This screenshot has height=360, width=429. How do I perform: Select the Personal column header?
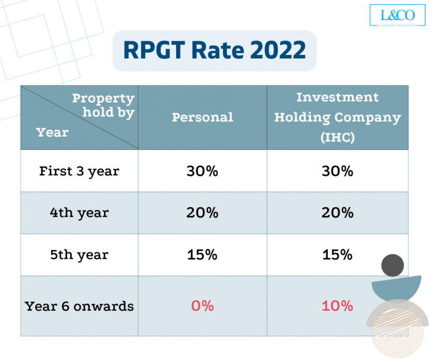(x=202, y=117)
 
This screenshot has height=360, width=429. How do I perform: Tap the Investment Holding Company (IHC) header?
(x=338, y=117)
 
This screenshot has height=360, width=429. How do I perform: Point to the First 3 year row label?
(x=79, y=171)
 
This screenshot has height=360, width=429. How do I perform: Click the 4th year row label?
(x=79, y=213)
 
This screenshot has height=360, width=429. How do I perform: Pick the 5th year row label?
(x=79, y=254)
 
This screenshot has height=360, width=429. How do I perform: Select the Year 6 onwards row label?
(x=79, y=306)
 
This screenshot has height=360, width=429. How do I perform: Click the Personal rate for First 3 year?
(x=202, y=171)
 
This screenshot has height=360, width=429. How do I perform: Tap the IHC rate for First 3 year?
(x=338, y=171)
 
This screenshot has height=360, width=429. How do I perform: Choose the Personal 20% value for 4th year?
(x=202, y=213)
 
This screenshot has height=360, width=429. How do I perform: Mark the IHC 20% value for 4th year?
(x=338, y=213)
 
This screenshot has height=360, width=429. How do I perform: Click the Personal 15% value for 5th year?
(x=202, y=254)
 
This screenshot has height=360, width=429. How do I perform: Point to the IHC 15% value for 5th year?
(x=338, y=254)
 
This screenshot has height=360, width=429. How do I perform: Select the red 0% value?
(x=202, y=306)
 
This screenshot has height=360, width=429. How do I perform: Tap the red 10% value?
(x=338, y=306)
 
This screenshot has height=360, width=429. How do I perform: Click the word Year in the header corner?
(x=52, y=132)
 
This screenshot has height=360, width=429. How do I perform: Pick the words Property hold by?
(x=103, y=105)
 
